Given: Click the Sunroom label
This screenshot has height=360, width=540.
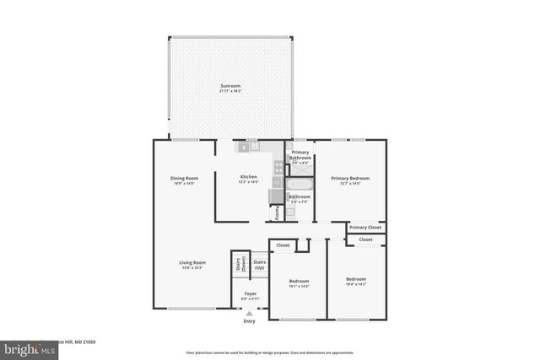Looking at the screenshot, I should click(x=230, y=87).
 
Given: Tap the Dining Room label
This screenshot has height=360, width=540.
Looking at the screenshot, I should click(x=184, y=178).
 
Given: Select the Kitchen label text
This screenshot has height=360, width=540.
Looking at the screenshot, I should click(x=248, y=177).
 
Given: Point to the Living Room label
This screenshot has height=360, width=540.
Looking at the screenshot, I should click(x=192, y=262).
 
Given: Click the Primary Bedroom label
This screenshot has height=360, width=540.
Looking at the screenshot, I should click(x=351, y=178).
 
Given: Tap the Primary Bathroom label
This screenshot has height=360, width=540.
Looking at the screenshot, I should click(x=300, y=155).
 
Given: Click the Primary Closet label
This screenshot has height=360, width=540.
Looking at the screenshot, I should click(x=365, y=228).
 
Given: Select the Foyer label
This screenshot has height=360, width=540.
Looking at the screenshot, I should click(x=251, y=293).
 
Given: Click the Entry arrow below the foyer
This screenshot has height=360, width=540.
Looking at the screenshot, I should click(x=249, y=313).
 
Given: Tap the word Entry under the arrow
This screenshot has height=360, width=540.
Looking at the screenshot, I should click(x=249, y=321).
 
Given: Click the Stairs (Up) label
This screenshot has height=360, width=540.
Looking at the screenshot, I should click(x=260, y=265).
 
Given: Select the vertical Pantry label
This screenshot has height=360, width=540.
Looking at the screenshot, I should click(x=277, y=211).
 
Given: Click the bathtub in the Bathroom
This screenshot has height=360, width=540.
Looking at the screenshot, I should click(x=300, y=184).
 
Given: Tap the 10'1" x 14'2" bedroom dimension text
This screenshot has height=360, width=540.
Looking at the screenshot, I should click(x=300, y=287).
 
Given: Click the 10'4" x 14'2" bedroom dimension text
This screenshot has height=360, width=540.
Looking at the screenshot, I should click(x=356, y=284).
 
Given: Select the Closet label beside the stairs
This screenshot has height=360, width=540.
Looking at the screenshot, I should click(x=283, y=245).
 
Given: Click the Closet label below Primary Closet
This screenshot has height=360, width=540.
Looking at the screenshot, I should click(x=365, y=239).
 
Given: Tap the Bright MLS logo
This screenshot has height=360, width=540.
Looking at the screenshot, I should click(x=25, y=347).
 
